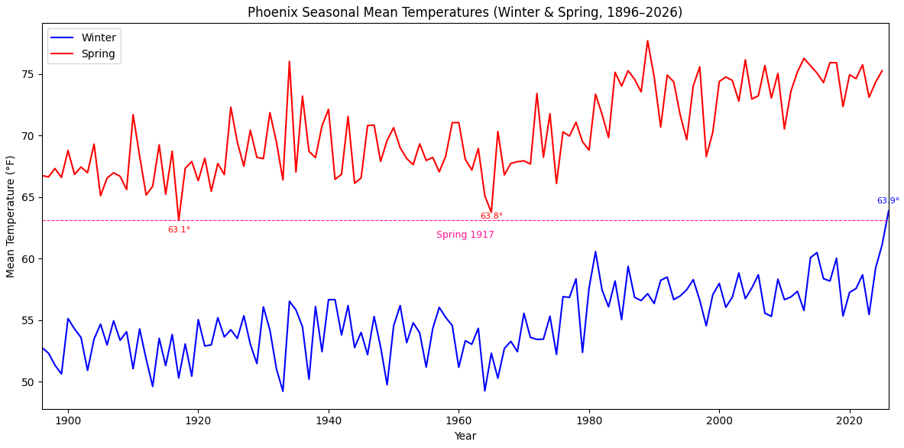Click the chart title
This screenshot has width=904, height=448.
click(x=465, y=12)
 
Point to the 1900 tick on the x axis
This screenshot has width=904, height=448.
click(x=68, y=420)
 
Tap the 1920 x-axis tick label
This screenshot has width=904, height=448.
click(x=198, y=420)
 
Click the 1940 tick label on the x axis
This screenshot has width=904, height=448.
click(x=329, y=420)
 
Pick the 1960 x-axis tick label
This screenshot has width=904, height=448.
click(x=458, y=420)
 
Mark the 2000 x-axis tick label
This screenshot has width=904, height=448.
click(x=719, y=420)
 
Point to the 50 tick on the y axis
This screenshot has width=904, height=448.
click(x=28, y=382)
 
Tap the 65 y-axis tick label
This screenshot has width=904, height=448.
click(x=28, y=197)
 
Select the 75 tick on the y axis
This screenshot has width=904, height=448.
click(x=28, y=74)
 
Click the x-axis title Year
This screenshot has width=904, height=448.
click(x=465, y=436)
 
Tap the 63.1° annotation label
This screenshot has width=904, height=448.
click(x=179, y=230)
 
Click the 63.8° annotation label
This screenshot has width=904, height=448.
click(x=491, y=216)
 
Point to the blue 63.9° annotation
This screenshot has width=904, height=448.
click(x=888, y=201)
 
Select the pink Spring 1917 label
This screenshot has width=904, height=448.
click(x=465, y=235)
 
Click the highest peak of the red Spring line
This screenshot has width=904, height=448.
click(x=647, y=41)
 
